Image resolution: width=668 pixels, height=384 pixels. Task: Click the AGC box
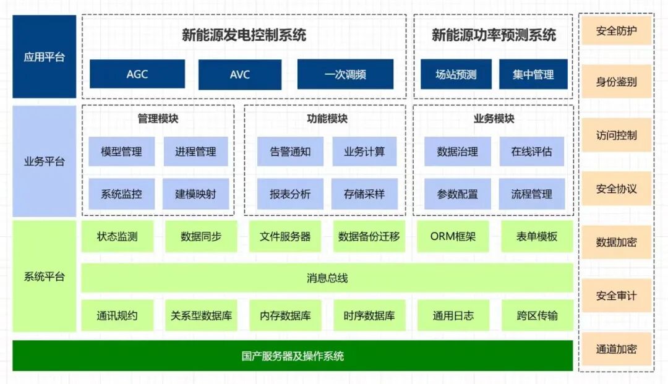click(x=137, y=74)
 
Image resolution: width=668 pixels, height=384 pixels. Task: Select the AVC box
click(x=240, y=74)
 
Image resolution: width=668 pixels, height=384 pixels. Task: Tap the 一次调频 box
click(x=345, y=74)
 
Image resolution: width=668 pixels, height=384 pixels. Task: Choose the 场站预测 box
click(x=456, y=74)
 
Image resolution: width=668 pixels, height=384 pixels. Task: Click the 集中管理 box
click(x=533, y=74)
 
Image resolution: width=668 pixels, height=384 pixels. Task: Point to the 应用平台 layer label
click(x=44, y=57)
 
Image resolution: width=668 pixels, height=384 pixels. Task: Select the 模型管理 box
click(x=121, y=151)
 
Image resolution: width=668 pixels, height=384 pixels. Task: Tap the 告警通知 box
click(x=290, y=151)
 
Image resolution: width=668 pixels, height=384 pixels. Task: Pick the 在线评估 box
click(x=531, y=151)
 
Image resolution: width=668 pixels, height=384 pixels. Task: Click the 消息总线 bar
click(x=327, y=278)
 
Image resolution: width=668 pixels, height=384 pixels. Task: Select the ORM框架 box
click(x=453, y=236)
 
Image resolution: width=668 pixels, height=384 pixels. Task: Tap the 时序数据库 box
click(x=369, y=315)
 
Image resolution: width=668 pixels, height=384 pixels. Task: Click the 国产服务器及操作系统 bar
click(x=293, y=356)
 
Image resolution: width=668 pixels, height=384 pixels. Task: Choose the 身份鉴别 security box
click(x=616, y=82)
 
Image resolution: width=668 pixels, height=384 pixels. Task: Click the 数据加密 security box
click(x=616, y=242)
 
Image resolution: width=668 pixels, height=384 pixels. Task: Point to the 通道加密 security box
click(x=616, y=349)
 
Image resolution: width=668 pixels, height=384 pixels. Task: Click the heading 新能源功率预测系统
click(x=494, y=35)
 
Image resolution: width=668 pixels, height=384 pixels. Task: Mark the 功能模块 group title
click(x=327, y=119)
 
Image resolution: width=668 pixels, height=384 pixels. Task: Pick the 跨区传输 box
click(x=537, y=315)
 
